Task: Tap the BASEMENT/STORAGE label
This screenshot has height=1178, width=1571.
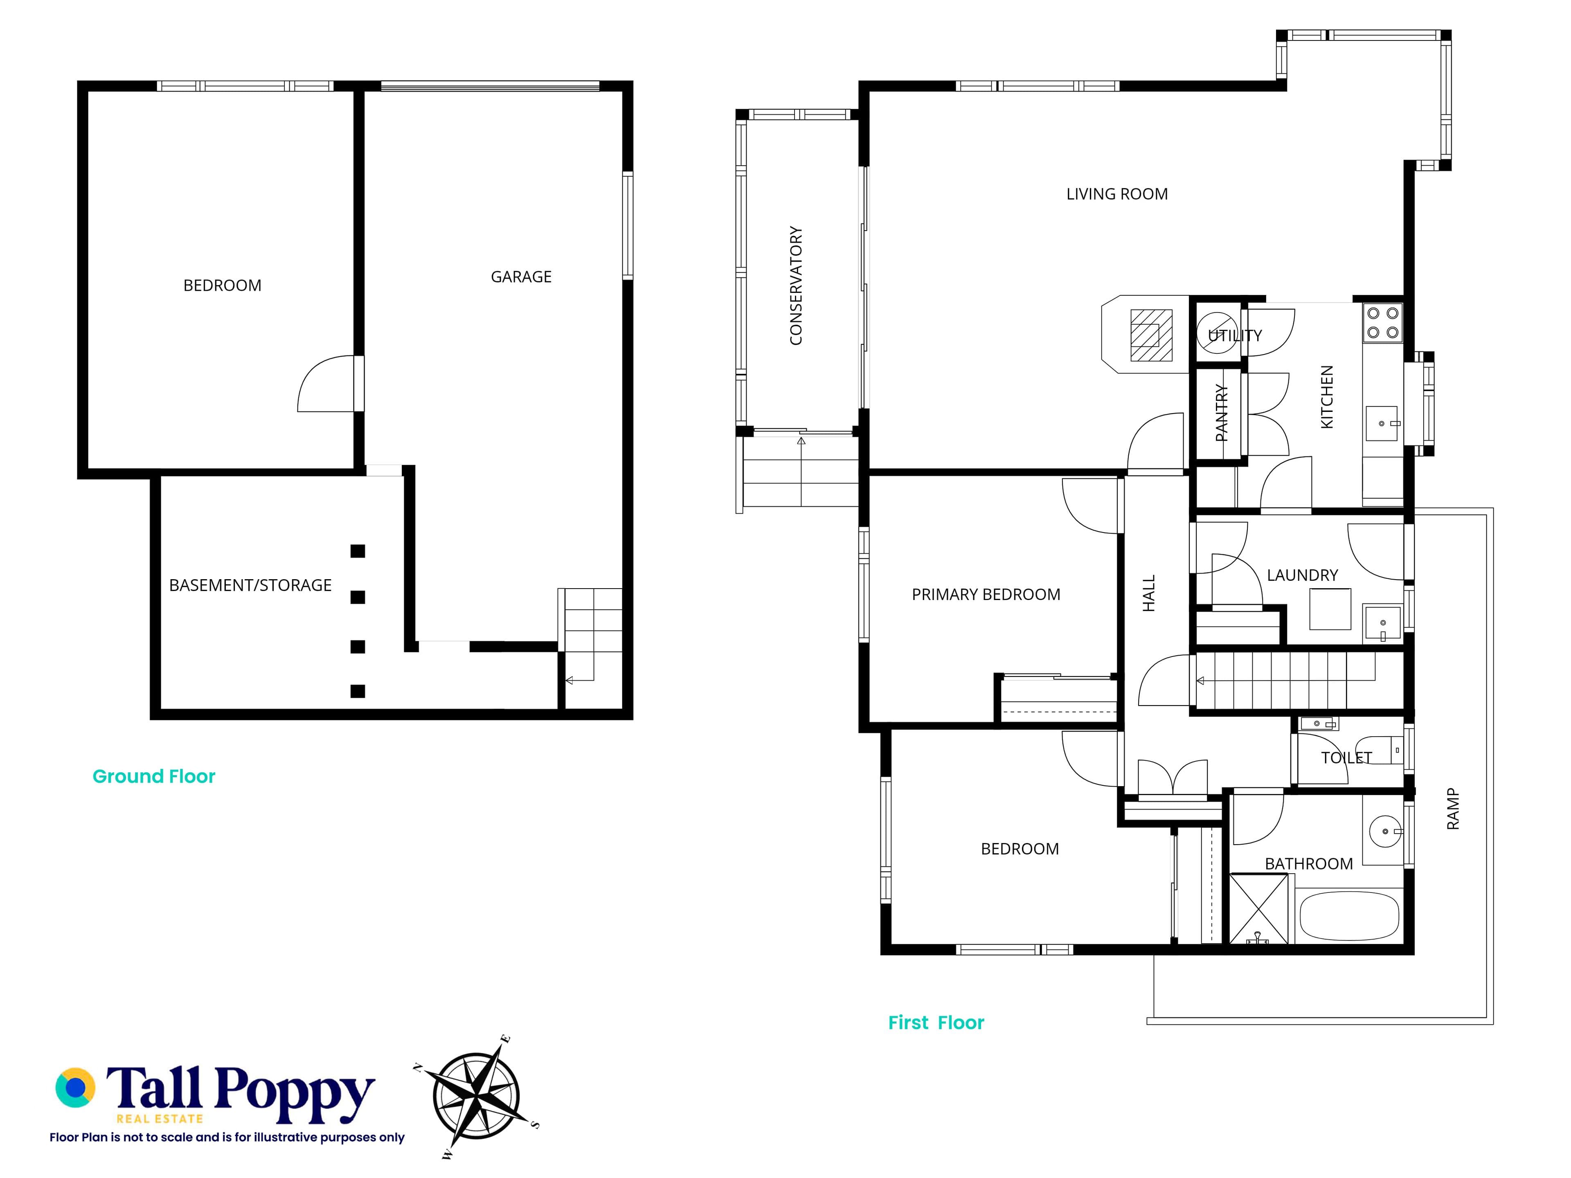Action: tap(250, 585)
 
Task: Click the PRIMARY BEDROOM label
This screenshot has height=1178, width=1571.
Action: tap(986, 594)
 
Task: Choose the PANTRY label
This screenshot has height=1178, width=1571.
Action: tap(1221, 413)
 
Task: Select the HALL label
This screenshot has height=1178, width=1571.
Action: tap(1148, 593)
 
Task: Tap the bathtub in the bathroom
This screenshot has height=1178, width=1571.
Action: tap(1349, 916)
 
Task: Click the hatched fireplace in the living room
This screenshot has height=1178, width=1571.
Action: tap(1150, 335)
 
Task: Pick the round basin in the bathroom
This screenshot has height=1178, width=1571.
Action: tap(1385, 831)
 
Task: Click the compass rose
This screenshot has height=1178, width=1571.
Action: tap(476, 1097)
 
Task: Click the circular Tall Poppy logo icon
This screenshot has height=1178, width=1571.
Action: tap(75, 1087)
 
